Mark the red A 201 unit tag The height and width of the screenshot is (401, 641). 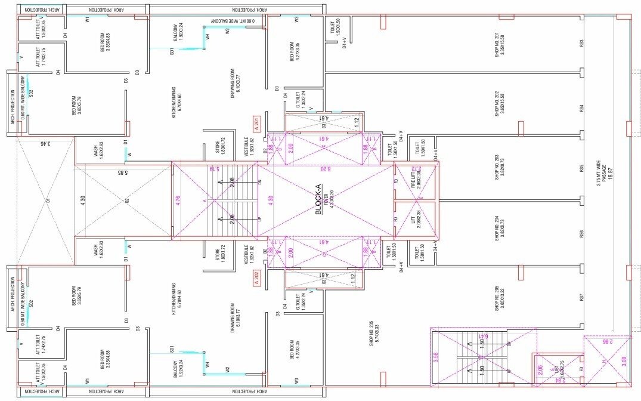(258, 126)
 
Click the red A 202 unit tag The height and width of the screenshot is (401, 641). (258, 279)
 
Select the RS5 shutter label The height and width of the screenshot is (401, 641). (581, 169)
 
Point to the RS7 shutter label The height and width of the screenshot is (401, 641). (581, 297)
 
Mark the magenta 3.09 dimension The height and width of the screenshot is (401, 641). (624, 360)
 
